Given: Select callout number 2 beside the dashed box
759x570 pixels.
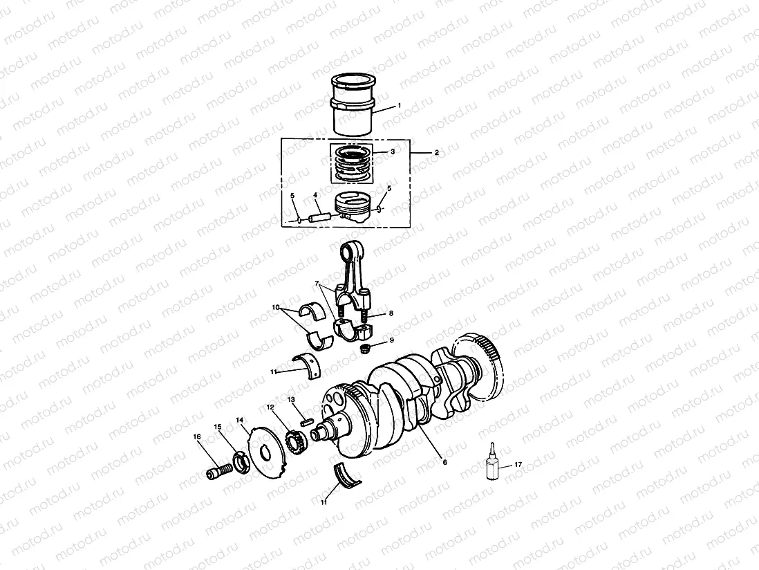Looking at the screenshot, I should [436, 151].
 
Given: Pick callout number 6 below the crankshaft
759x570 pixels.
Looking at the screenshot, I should [444, 461].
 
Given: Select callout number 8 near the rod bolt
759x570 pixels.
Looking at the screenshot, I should [391, 313].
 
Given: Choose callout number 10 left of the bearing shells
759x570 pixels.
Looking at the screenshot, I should [274, 306].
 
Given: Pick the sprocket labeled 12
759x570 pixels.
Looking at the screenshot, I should [295, 443].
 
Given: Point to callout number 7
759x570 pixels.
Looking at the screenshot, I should [317, 283].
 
